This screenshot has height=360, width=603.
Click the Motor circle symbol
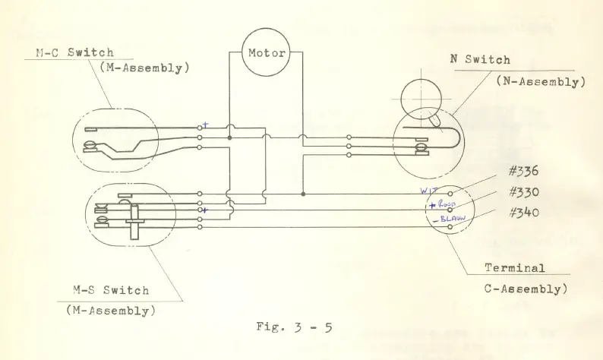coord(267,53)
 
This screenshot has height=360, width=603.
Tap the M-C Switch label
coord(75,52)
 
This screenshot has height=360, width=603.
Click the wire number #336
coord(523,172)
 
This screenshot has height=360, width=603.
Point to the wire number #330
coord(523,192)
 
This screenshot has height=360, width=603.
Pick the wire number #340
coord(523,212)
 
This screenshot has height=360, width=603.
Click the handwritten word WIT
coord(429,191)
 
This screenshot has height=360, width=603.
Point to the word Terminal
coord(515,267)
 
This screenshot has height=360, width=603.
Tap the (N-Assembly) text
coord(541,82)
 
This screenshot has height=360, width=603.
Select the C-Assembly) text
coord(524,289)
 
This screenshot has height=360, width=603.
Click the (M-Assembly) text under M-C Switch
coord(145,68)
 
